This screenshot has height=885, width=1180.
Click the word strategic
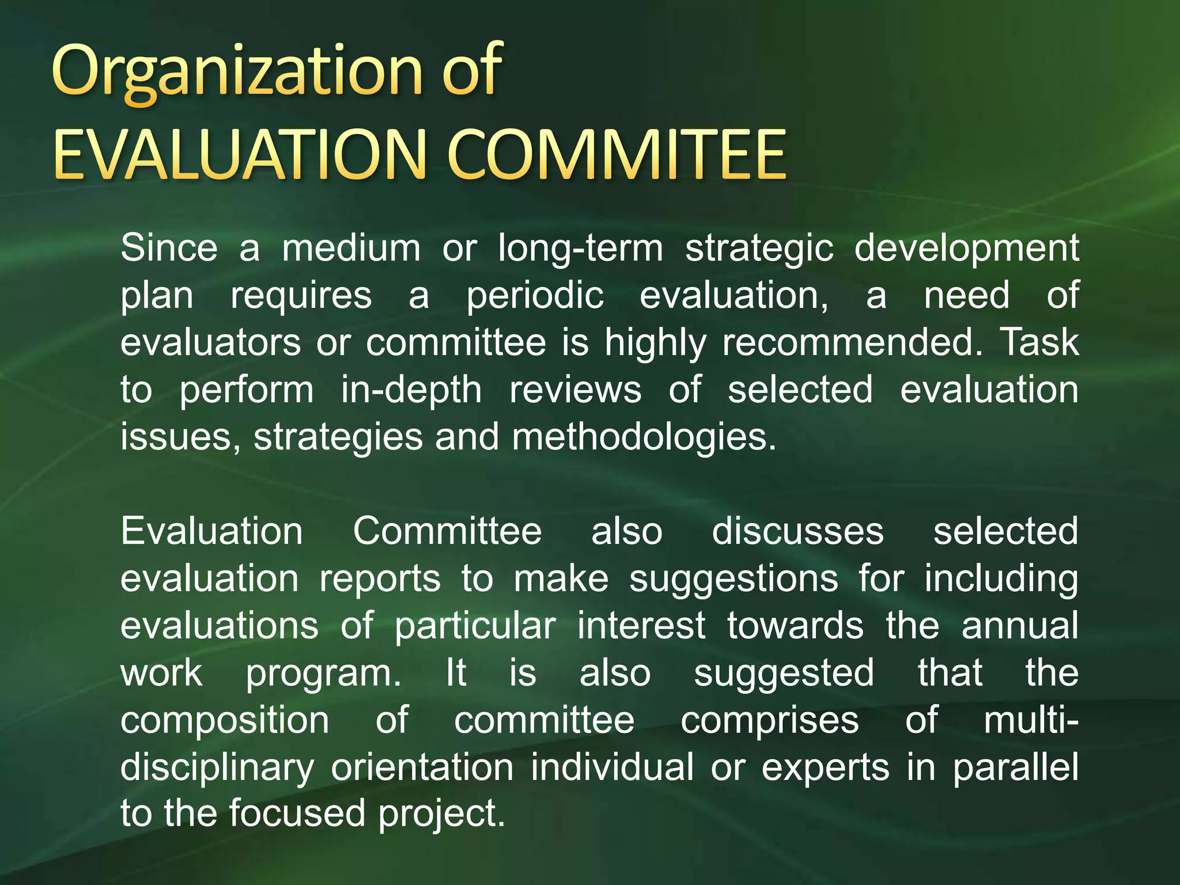click(x=759, y=249)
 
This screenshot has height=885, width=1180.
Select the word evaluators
click(x=210, y=342)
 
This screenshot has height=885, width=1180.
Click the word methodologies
click(x=644, y=437)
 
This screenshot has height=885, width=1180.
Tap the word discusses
click(x=797, y=531)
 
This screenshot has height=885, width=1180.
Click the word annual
click(x=1019, y=626)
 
